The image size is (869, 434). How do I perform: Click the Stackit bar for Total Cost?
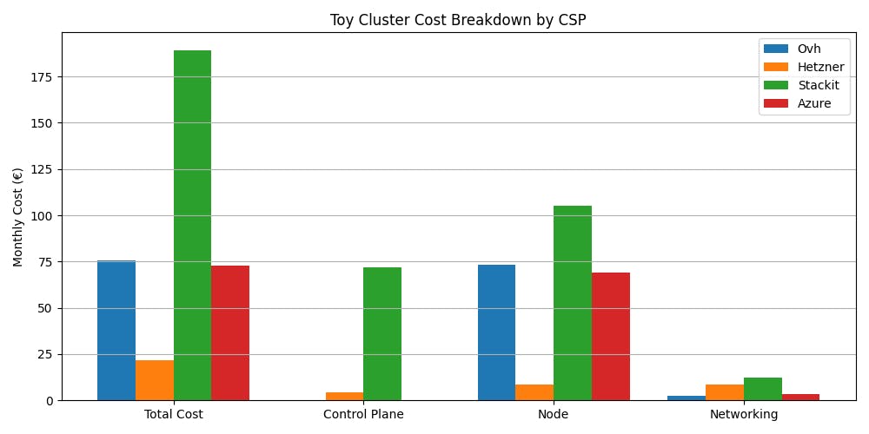[192, 226]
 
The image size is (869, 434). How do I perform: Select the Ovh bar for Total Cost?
[116, 331]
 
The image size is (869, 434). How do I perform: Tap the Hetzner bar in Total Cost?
[155, 380]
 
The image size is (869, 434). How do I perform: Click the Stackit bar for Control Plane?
[382, 334]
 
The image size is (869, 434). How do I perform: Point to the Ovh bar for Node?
[496, 332]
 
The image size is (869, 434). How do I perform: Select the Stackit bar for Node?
[573, 303]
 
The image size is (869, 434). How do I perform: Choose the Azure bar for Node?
[611, 337]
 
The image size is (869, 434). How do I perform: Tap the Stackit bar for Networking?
[763, 389]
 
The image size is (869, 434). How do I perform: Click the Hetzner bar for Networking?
[725, 392]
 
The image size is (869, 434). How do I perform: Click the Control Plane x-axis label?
[363, 414]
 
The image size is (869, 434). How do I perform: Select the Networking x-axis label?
[744, 414]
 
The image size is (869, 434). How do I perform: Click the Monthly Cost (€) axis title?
[18, 217]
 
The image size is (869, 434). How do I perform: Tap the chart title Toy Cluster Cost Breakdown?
[458, 20]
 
